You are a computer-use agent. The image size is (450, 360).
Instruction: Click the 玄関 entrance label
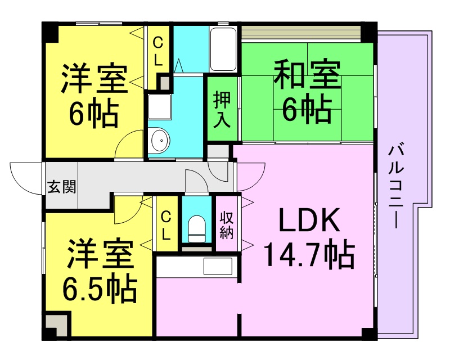pyautogui.click(x=62, y=187)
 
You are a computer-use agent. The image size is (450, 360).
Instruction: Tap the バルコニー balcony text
pyautogui.click(x=396, y=187)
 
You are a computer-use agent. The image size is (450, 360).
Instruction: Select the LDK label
pyautogui.click(x=310, y=220)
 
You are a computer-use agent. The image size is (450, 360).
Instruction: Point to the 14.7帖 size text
pyautogui.click(x=309, y=254)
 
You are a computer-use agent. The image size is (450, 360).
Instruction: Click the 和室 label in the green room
pyautogui.click(x=307, y=74)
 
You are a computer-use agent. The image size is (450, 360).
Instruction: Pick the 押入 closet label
pyautogui.click(x=222, y=109)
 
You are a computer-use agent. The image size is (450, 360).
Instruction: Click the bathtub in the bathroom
pyautogui.click(x=223, y=49)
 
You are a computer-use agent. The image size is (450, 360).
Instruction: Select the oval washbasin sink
pyautogui.click(x=159, y=141)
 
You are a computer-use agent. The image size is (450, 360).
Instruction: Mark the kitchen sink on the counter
pyautogui.click(x=218, y=267)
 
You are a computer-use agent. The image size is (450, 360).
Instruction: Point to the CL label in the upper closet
pyautogui.click(x=157, y=52)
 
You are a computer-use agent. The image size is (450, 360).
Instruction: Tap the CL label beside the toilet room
pyautogui.click(x=165, y=226)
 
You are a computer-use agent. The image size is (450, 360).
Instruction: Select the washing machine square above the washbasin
pyautogui.click(x=159, y=107)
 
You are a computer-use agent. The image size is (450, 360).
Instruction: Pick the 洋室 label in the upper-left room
pyautogui.click(x=94, y=78)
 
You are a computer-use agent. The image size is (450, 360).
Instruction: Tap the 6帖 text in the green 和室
pyautogui.click(x=307, y=109)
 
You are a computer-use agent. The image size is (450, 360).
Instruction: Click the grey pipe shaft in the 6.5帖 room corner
pyautogui.click(x=57, y=325)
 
